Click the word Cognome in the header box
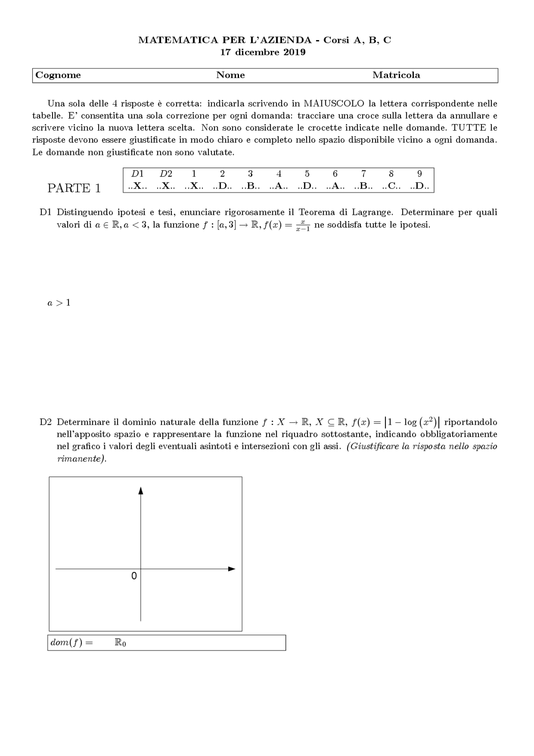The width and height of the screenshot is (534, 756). pos(58,75)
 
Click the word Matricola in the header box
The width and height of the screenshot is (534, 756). pos(396,75)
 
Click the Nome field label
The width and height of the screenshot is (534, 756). pos(230,75)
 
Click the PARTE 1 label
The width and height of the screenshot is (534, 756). pos(74,188)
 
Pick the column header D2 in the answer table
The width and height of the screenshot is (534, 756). pos(166,174)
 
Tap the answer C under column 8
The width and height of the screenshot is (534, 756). pos(391,186)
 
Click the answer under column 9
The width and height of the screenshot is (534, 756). pos(419,186)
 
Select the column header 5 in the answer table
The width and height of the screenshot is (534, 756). pos(307,174)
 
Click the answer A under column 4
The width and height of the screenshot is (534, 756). pos(279,186)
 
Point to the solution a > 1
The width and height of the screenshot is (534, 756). pos(59,303)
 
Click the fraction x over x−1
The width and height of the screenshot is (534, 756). pos(303,226)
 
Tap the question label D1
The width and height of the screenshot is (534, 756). pos(45,212)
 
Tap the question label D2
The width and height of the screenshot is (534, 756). pos(45,422)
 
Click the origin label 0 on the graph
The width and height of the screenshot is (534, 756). pos(134,576)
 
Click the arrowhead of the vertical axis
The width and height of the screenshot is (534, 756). pos(141,491)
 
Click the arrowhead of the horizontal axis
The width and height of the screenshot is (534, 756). pos(232,569)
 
